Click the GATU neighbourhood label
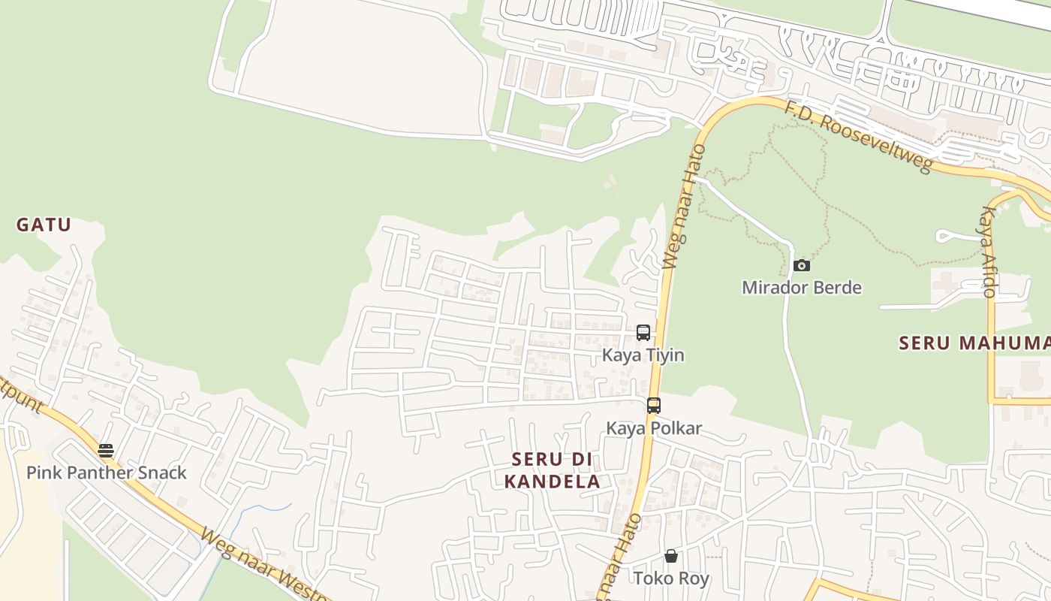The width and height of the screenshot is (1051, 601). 44,225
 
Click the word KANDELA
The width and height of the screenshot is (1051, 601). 552,482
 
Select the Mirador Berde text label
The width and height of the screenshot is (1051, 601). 801,288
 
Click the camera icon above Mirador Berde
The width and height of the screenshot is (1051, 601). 802,265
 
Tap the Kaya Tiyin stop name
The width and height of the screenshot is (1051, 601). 643,355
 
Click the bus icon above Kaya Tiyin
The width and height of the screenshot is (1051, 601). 643,332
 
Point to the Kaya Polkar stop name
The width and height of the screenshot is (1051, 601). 654,428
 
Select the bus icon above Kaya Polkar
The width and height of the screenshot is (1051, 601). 654,406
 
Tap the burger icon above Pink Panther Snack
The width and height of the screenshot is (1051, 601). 106,451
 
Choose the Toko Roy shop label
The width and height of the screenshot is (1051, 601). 671,578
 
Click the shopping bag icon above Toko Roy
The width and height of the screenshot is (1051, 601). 671,556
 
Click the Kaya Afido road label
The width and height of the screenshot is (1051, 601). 987,252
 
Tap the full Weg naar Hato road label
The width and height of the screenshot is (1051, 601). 684,207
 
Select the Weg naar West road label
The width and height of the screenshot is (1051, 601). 263,564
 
